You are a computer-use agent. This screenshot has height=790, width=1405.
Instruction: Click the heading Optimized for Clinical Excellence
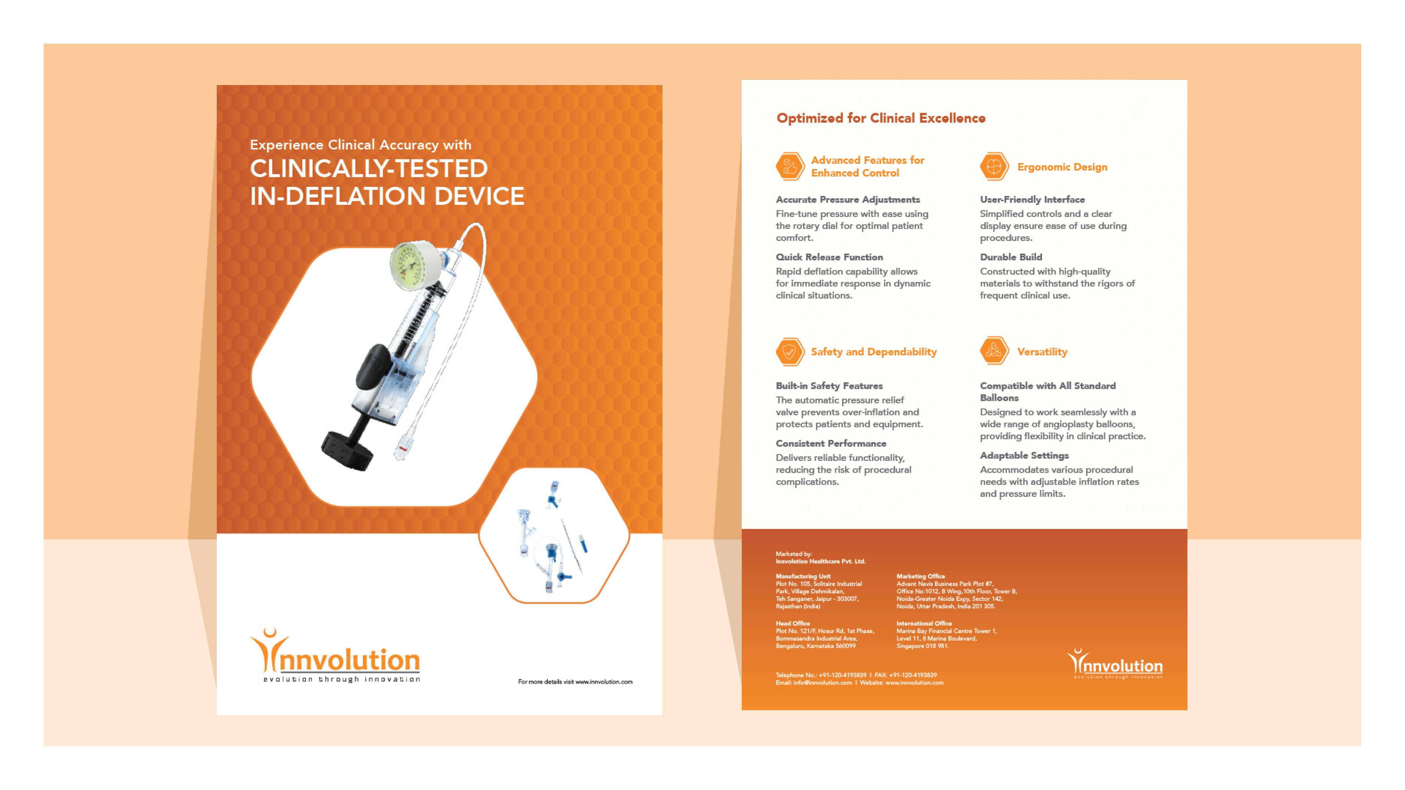tap(880, 118)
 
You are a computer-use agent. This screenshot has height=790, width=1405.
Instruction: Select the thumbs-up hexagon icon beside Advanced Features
tap(789, 166)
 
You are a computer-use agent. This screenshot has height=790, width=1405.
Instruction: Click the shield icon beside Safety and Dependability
tap(789, 352)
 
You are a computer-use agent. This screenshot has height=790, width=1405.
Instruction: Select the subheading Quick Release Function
tap(829, 257)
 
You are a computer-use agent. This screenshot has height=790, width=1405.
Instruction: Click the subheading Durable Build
tap(1011, 257)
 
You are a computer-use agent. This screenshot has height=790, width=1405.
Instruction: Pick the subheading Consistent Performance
tap(831, 443)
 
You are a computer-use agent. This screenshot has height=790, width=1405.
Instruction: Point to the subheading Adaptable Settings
tap(1024, 455)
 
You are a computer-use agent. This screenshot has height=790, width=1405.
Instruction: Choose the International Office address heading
tap(924, 623)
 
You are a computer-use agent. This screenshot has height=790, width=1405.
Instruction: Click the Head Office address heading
tap(793, 623)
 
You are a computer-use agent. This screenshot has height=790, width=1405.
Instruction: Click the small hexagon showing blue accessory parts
tap(554, 535)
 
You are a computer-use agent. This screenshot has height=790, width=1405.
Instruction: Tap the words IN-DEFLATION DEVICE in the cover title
tap(387, 196)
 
